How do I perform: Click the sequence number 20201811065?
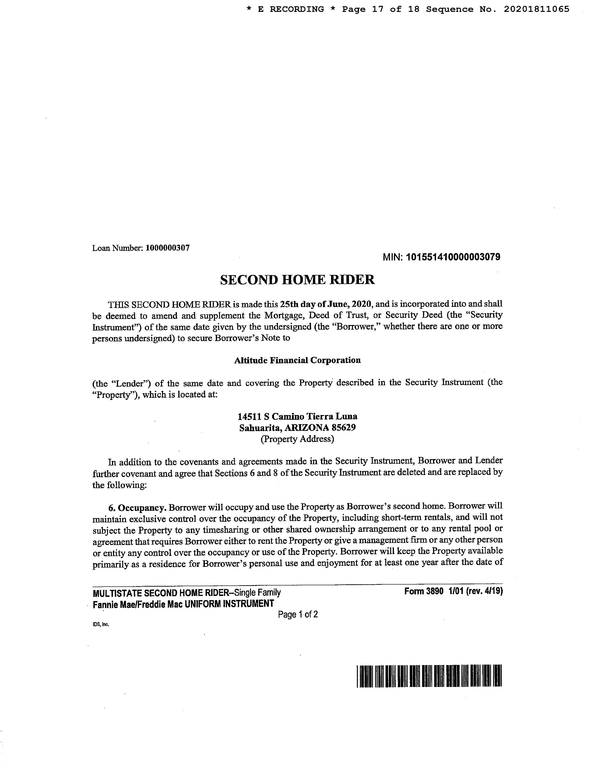pyautogui.click(x=536, y=9)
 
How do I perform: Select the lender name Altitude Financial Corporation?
pyautogui.click(x=297, y=360)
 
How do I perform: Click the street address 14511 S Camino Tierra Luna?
pyautogui.click(x=297, y=416)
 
